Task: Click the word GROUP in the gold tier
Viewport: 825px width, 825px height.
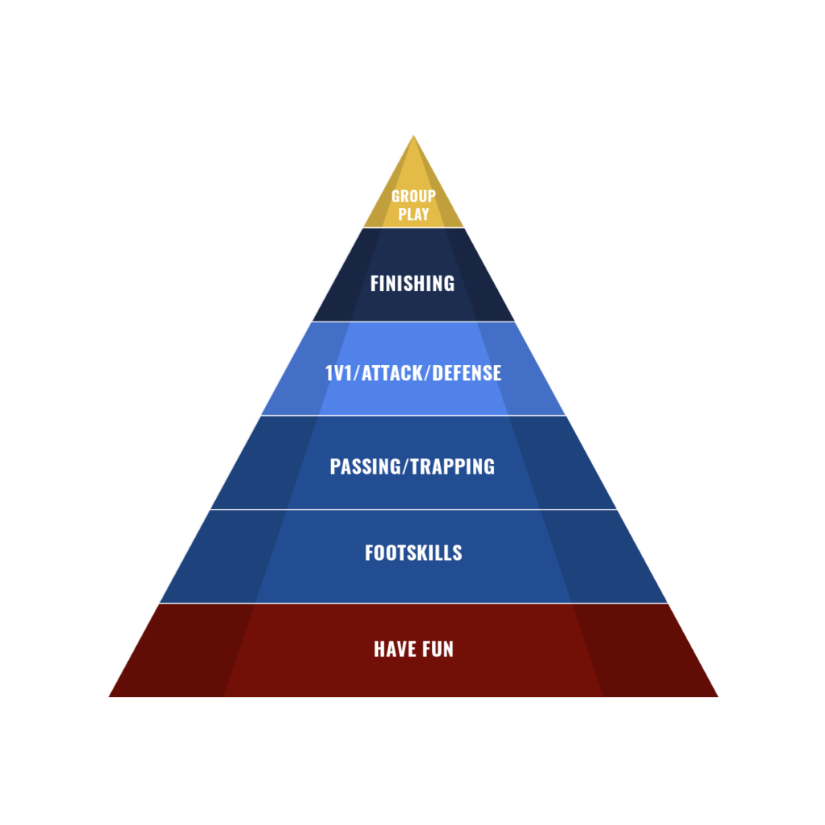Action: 413,196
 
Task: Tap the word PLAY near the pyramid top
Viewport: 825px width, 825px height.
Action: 413,214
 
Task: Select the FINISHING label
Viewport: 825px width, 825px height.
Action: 412,284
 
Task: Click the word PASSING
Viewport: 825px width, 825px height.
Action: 363,466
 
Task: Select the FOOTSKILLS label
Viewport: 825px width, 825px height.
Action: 413,553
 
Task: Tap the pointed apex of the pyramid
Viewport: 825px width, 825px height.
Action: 413,135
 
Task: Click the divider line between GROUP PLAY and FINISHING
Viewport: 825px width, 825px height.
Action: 413,228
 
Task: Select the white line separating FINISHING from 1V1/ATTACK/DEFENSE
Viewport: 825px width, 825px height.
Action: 413,321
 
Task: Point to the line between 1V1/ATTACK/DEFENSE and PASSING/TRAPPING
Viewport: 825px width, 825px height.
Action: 413,416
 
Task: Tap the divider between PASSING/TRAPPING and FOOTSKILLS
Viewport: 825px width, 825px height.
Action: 413,509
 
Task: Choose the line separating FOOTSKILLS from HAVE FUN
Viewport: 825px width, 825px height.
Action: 413,603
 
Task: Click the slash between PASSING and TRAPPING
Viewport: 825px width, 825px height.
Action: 400,466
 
